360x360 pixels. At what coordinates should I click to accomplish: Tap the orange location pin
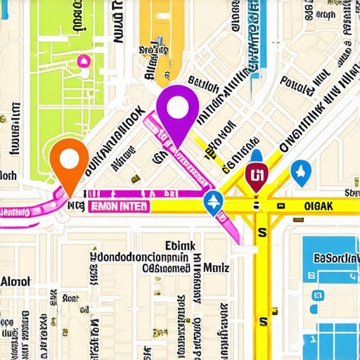tap(69, 160)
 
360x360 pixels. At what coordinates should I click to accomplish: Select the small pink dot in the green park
tap(84, 61)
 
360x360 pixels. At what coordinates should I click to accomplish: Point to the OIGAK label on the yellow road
tap(314, 206)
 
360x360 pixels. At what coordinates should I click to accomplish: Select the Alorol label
tap(15, 281)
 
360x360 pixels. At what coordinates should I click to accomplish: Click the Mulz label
tap(216, 267)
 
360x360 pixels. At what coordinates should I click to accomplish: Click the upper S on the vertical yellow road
tap(262, 231)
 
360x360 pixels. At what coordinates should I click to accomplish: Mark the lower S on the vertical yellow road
tap(263, 321)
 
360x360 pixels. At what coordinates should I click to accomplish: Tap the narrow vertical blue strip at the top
tap(253, 35)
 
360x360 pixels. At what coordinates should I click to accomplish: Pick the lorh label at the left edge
tap(8, 175)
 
